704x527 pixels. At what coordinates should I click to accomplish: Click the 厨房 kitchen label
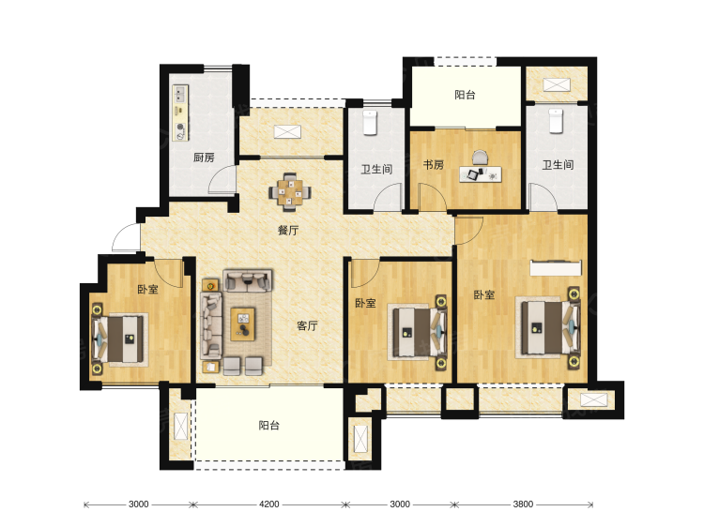(204, 158)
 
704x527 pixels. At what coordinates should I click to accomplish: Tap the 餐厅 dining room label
(288, 231)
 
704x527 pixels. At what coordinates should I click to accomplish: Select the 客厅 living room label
(307, 325)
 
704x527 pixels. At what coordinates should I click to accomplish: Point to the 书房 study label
(434, 165)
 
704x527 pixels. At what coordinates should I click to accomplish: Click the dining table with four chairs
(290, 192)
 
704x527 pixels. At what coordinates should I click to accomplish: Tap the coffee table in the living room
(243, 324)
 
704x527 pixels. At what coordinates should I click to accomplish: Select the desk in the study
(481, 174)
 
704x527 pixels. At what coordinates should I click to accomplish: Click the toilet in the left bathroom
(370, 122)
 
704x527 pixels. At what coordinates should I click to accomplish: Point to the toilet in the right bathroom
(556, 120)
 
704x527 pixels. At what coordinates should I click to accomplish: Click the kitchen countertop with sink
(180, 113)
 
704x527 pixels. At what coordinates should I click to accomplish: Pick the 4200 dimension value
(269, 504)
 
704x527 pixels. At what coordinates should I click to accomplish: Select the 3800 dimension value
(523, 504)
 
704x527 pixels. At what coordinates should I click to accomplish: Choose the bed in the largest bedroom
(550, 327)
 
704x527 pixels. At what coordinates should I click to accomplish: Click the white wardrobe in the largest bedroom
(556, 268)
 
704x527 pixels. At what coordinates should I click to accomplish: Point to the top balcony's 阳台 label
(466, 95)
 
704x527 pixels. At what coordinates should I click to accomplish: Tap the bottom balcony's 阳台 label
(269, 425)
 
